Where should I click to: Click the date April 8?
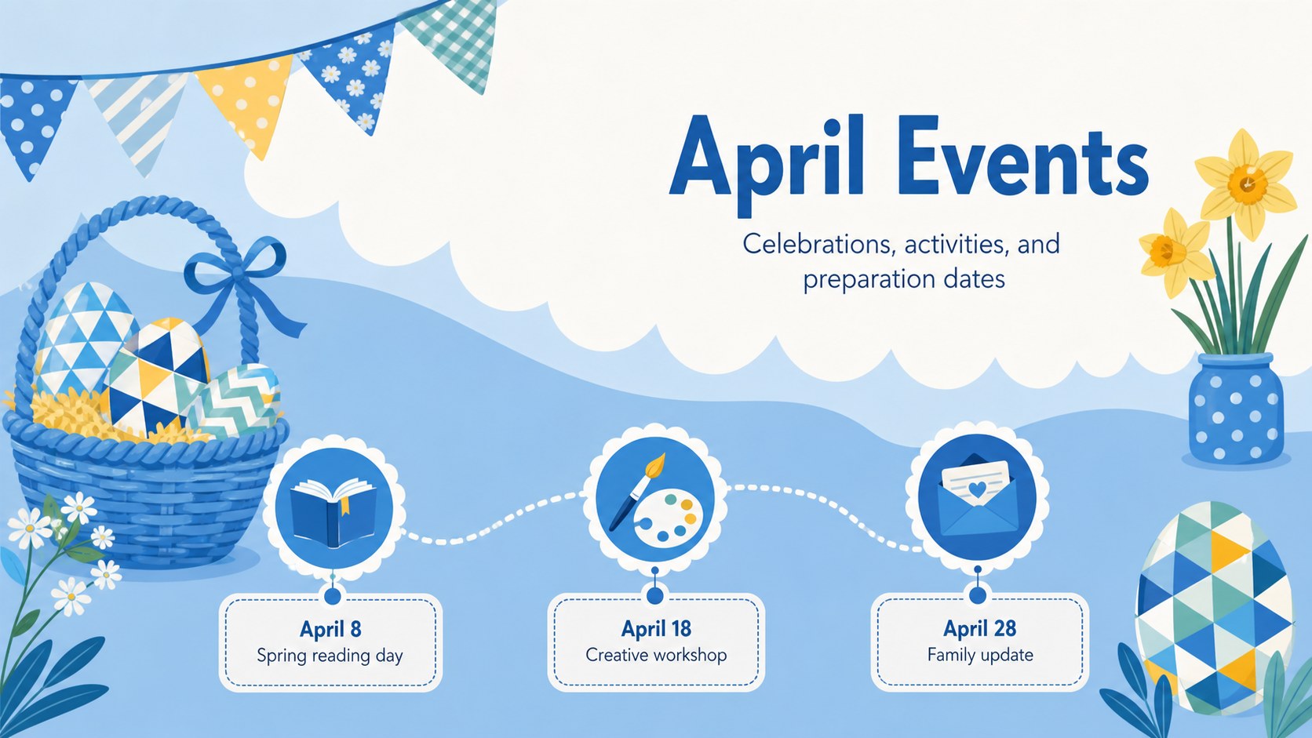click(330, 630)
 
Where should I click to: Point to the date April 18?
click(656, 629)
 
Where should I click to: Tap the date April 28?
click(980, 628)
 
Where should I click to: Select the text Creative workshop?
click(656, 655)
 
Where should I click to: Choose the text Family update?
click(980, 655)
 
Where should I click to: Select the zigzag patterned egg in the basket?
click(237, 400)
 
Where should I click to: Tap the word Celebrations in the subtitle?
click(818, 245)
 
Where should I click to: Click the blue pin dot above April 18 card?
click(655, 596)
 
